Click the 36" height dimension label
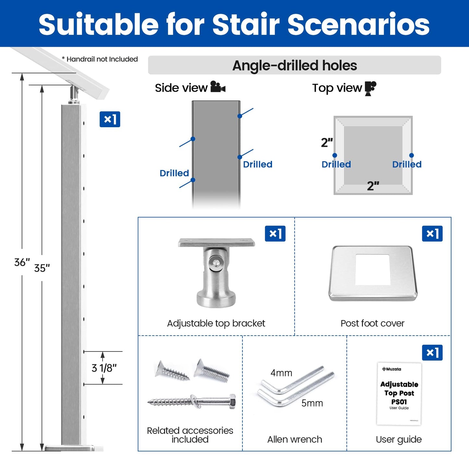coord(22,262)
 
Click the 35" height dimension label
coord(42,268)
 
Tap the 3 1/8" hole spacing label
coord(104,368)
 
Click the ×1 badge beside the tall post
coord(110,119)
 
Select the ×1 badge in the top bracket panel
coord(275,233)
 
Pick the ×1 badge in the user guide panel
coord(432,352)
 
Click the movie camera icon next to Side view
coord(218,87)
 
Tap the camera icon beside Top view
coord(370,88)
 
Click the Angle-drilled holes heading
coord(294,65)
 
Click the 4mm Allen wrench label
coord(281,373)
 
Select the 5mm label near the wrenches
coord(312,403)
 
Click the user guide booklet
coord(399,394)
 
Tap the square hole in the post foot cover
coord(372,270)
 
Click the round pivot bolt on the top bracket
coord(215,262)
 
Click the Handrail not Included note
coord(100,59)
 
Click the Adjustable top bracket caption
coord(216,323)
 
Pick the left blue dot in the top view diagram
coord(335,155)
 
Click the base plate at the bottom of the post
coord(70,448)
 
